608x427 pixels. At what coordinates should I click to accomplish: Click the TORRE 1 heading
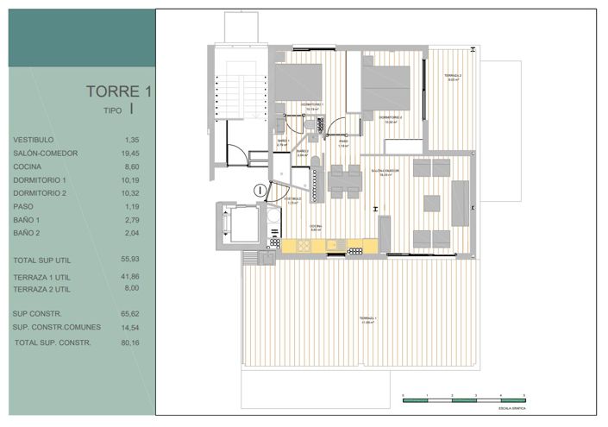coord(119,91)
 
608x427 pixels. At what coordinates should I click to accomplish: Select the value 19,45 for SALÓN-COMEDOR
coord(131,153)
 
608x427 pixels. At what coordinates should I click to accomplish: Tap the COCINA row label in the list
coord(27,166)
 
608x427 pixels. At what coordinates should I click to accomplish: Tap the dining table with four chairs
coord(345,181)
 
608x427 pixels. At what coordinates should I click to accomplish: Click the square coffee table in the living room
coord(430,204)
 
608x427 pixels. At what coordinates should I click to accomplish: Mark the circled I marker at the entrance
coord(259,190)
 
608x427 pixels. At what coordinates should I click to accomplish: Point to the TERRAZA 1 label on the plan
coord(368,320)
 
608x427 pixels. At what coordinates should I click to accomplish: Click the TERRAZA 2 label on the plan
coord(453,78)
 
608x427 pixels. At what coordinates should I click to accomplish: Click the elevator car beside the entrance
coord(237,225)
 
